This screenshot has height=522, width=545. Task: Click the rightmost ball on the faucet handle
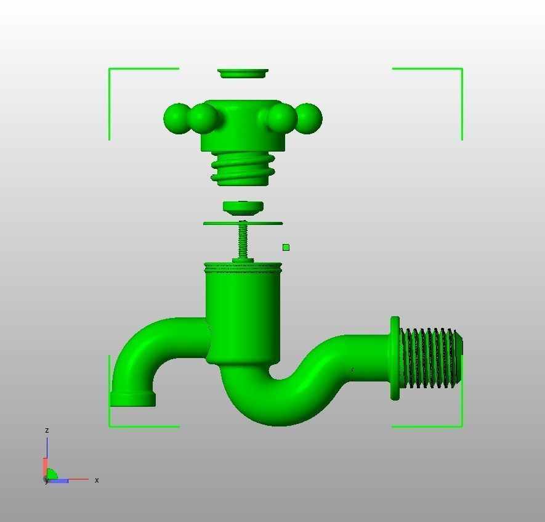[x=308, y=118]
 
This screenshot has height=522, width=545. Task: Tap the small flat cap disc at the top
[x=243, y=73]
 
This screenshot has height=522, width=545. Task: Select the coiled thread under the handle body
[x=243, y=169]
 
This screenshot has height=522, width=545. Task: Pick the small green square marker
[x=286, y=248]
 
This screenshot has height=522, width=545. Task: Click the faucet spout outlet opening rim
[x=132, y=400]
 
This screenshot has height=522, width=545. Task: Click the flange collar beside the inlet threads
[x=395, y=358]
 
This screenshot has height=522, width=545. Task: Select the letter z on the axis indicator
[x=47, y=430]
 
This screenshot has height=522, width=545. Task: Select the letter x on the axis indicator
[x=97, y=480]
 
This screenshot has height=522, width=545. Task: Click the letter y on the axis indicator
[x=46, y=481]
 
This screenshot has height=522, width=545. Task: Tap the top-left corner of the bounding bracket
[x=110, y=69]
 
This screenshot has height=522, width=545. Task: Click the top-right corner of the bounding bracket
[x=461, y=69]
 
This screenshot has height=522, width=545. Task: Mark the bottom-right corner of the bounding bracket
[x=461, y=425]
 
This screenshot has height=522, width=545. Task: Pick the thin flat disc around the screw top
[x=243, y=223]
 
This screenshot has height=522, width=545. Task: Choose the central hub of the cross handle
[x=243, y=123]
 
